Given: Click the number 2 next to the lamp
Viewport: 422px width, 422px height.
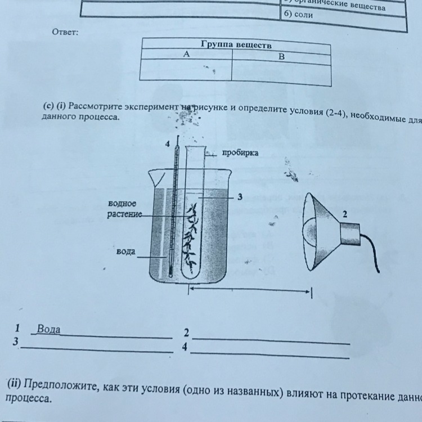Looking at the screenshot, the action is [x=345, y=214].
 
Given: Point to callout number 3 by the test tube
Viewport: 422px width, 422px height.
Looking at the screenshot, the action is [x=240, y=197].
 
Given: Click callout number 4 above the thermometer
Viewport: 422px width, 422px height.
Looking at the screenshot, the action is [x=167, y=144].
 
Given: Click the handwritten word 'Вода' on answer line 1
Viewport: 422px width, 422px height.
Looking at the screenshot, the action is [x=48, y=329].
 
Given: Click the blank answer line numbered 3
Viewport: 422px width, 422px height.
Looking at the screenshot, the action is [x=96, y=349].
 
